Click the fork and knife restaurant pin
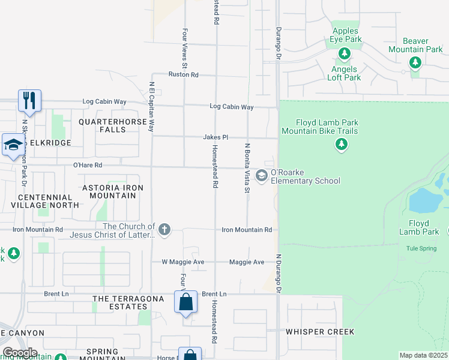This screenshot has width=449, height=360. [29, 101]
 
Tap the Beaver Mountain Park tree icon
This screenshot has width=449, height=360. [414, 62]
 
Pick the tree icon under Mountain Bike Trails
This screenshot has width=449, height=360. [341, 144]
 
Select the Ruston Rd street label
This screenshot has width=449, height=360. [183, 75]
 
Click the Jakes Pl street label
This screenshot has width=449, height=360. [215, 137]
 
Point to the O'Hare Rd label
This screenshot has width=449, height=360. [88, 165]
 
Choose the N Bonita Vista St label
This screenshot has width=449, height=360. [247, 168]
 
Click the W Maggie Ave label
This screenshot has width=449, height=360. [183, 262]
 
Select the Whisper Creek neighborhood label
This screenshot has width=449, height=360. [320, 332]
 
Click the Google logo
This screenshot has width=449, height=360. [20, 353]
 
